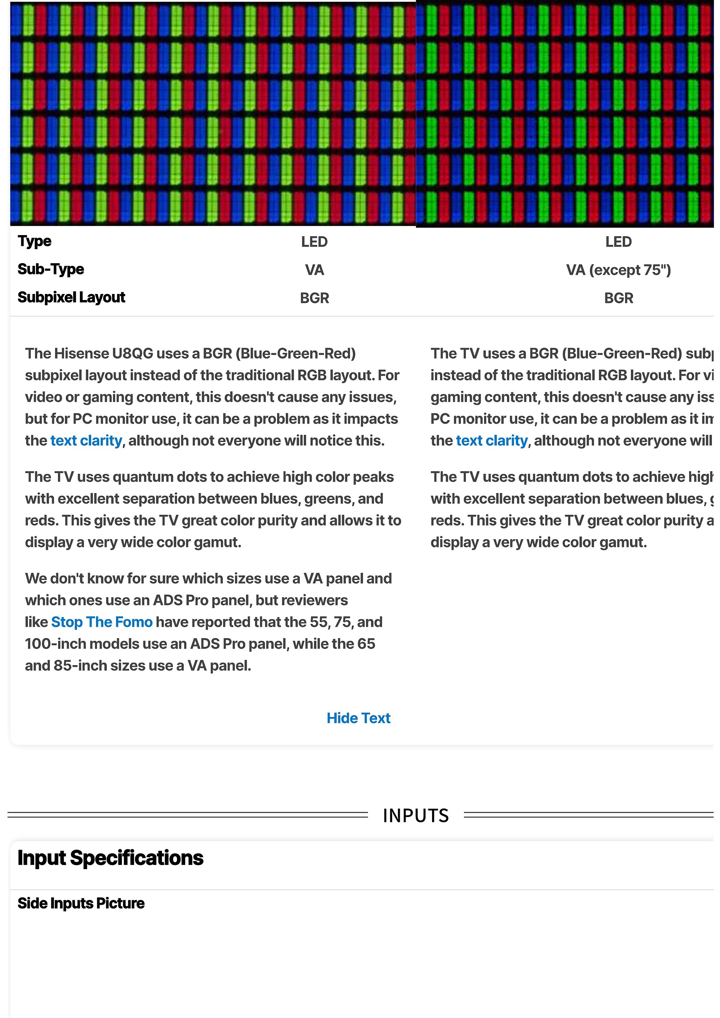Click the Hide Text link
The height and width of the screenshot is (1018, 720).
click(x=358, y=718)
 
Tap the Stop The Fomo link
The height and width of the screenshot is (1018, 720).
click(x=102, y=622)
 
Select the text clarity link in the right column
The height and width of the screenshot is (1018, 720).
click(x=492, y=441)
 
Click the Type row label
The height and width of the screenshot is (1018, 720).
click(x=34, y=241)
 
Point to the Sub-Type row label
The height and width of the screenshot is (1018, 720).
click(x=51, y=269)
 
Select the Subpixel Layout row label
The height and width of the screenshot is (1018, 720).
click(x=71, y=297)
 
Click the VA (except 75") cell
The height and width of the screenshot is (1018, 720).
click(x=618, y=270)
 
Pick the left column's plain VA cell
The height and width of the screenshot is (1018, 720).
click(x=314, y=270)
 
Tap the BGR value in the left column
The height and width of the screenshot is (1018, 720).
click(x=314, y=298)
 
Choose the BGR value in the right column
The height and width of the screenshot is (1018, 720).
click(x=618, y=298)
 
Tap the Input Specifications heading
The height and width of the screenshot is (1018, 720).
click(x=110, y=858)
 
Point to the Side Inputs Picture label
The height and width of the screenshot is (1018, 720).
click(x=81, y=903)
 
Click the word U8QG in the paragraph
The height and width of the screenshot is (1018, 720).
click(x=132, y=353)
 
